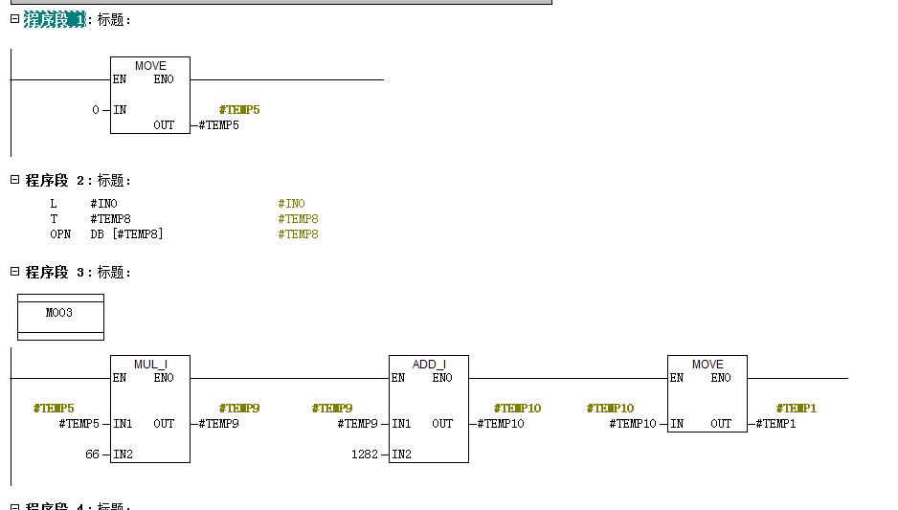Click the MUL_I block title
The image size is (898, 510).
(150, 364)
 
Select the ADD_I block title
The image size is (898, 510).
(429, 364)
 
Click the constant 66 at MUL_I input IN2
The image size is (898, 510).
(92, 454)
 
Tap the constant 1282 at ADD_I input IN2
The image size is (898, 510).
(365, 454)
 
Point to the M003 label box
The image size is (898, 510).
(60, 317)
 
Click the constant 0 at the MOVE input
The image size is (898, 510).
(96, 109)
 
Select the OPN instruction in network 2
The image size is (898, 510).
(60, 234)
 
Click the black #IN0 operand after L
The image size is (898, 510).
(103, 203)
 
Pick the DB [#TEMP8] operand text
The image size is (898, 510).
(126, 234)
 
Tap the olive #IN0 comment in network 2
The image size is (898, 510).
(291, 203)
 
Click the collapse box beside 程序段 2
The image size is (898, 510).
(15, 180)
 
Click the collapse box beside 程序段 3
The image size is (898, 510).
(15, 272)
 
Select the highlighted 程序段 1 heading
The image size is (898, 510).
(55, 19)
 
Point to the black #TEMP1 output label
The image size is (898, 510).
(776, 424)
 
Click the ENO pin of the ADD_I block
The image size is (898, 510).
(442, 378)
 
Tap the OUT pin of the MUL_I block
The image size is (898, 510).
(164, 424)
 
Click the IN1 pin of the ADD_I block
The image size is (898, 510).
(401, 424)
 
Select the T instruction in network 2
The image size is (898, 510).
(54, 219)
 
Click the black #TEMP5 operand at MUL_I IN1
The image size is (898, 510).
(79, 424)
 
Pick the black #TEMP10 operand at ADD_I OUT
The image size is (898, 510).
(501, 424)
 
